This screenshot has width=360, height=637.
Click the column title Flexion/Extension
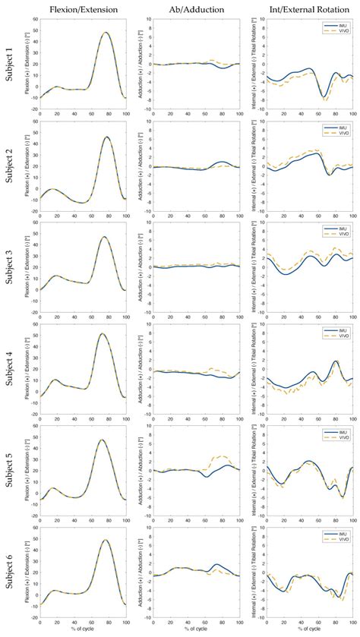(x=81, y=9)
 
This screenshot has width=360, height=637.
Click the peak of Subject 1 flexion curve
(x=106, y=33)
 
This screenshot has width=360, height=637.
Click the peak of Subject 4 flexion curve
(x=102, y=334)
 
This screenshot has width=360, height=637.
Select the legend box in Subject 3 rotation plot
(x=335, y=234)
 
